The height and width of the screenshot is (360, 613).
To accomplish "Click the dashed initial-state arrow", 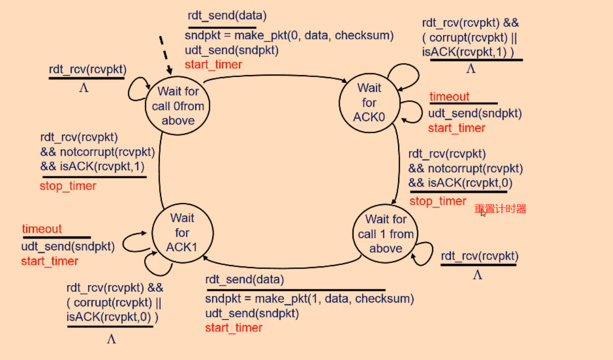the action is tap(166, 55).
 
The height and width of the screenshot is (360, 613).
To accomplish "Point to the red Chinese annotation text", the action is tap(500, 209).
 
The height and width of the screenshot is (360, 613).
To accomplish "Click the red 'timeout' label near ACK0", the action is tap(449, 96).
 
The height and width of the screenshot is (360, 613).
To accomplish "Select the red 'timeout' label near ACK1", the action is tap(42, 229).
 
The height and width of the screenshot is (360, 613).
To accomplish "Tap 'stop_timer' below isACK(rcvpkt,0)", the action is tap(438, 201).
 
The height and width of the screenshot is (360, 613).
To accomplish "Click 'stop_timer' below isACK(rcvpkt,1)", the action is tap(68, 186).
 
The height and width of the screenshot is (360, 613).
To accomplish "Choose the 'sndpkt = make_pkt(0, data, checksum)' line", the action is tap(289, 36).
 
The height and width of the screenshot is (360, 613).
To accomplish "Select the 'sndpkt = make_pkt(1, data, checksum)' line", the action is tap(310, 299).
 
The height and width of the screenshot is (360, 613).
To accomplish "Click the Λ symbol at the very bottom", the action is tap(111, 339).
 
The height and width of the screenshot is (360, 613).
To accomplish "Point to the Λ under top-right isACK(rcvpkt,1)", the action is tap(471, 69).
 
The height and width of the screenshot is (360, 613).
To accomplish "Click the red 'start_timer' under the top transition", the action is tap(213, 65).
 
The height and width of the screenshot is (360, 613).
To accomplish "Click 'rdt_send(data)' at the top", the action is tap(227, 15).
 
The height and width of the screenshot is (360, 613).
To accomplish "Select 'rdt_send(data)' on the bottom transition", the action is tap(245, 279).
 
